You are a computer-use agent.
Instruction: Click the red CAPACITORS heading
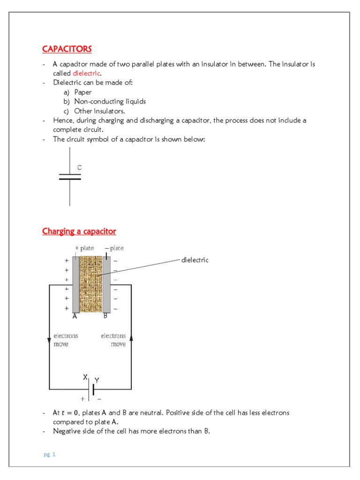67,49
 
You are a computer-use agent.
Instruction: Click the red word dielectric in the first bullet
86,74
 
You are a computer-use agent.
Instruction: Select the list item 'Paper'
83,92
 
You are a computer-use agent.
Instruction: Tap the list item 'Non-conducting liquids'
110,101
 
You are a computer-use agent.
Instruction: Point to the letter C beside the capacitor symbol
79,167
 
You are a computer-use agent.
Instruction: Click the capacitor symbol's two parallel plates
69,177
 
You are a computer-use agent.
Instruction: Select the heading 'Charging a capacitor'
79,231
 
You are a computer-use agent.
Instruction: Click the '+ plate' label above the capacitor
84,248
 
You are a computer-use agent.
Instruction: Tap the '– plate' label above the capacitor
114,248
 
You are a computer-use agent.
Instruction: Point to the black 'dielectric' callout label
195,260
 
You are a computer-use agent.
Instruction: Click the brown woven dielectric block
91,284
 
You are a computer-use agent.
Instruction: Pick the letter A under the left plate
75,316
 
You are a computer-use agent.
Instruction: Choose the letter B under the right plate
105,316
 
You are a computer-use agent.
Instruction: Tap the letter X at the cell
85,377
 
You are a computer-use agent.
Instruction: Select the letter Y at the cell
97,380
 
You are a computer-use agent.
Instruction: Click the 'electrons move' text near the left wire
66,340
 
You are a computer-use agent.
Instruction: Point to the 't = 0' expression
72,413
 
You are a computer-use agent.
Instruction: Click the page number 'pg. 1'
49,454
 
